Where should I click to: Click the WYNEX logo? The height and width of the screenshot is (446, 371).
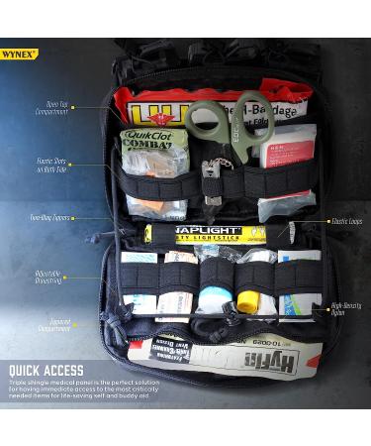click(x=19, y=54)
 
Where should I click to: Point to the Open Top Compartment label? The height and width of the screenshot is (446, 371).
click(x=52, y=107)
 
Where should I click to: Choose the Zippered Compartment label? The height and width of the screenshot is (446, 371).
click(x=53, y=324)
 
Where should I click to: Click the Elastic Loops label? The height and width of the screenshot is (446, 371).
click(x=345, y=221)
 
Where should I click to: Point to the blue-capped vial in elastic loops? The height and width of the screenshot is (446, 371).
click(x=212, y=298)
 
